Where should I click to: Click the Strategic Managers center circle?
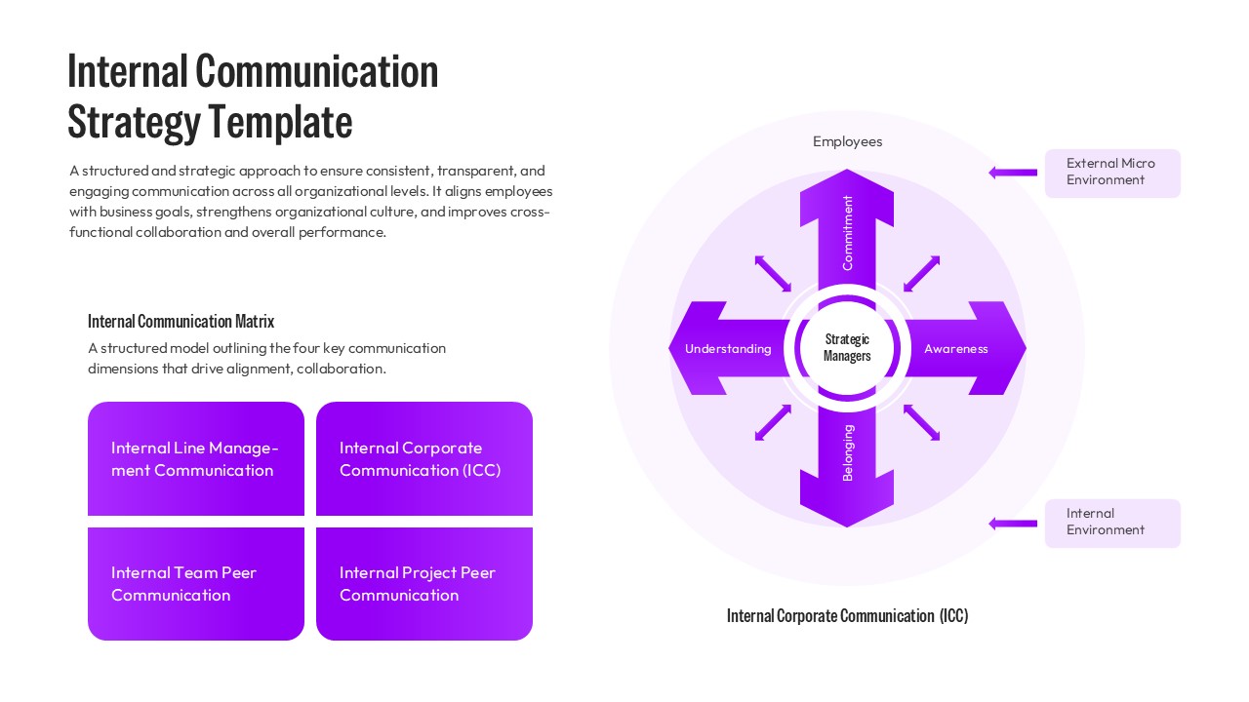(x=847, y=348)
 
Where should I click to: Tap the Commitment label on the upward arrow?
(x=847, y=233)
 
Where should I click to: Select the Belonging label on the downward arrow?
(x=847, y=453)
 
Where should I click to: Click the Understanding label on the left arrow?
(x=728, y=349)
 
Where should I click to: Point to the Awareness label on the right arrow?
(x=955, y=349)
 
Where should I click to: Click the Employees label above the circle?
(x=847, y=141)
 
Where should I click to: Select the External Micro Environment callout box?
(x=1111, y=173)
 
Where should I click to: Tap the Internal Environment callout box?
(x=1111, y=523)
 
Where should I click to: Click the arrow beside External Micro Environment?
(x=1013, y=173)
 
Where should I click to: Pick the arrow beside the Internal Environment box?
(x=1013, y=524)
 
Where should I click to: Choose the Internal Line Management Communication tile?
(x=196, y=459)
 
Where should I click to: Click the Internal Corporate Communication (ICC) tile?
(x=424, y=459)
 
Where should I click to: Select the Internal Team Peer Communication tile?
(x=196, y=584)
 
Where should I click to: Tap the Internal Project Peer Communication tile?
(x=424, y=584)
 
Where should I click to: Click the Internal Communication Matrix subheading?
(x=181, y=321)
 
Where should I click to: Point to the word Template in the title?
(x=281, y=123)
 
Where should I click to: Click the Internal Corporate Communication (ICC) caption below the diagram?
(x=847, y=616)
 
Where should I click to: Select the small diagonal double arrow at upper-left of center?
(x=773, y=274)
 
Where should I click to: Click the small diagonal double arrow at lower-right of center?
(x=921, y=422)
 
